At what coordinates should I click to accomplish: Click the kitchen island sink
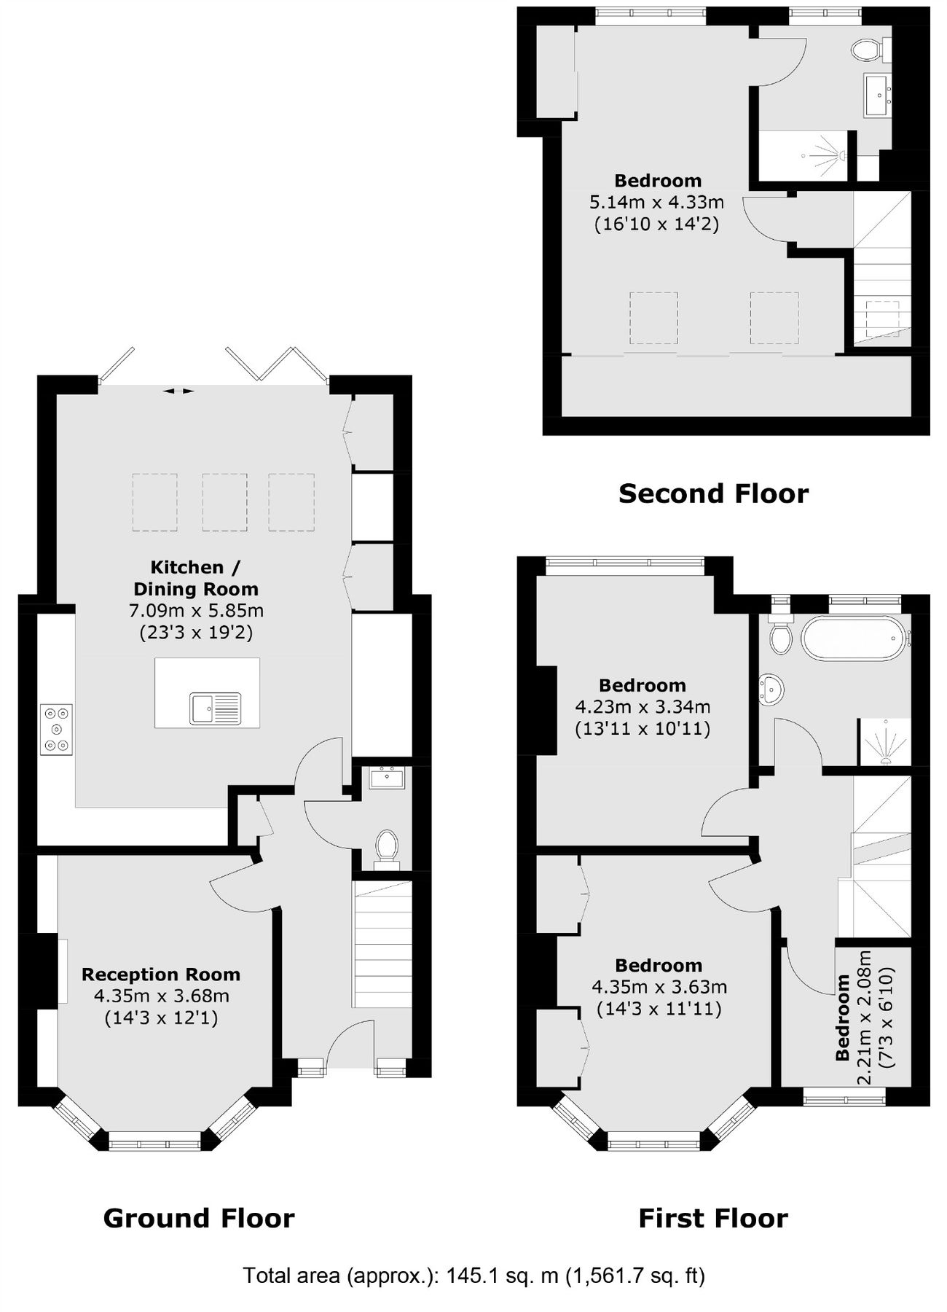[215, 708]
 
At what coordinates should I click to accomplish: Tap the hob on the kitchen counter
[57, 728]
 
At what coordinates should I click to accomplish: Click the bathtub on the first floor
[853, 639]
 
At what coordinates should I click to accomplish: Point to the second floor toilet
[867, 50]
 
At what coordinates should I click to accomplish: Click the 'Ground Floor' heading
[199, 1218]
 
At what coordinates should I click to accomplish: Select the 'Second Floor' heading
[713, 493]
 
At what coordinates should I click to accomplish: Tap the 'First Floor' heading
[713, 1218]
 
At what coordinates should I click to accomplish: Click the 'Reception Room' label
[161, 975]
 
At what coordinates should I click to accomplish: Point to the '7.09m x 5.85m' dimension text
[196, 610]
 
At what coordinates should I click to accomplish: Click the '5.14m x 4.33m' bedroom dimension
[656, 202]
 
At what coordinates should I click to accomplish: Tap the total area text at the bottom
[473, 1276]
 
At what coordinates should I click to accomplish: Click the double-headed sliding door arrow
[178, 391]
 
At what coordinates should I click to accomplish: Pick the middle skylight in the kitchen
[224, 501]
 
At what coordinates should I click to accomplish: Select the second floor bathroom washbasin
[877, 93]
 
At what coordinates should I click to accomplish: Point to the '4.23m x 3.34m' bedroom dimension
[643, 706]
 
